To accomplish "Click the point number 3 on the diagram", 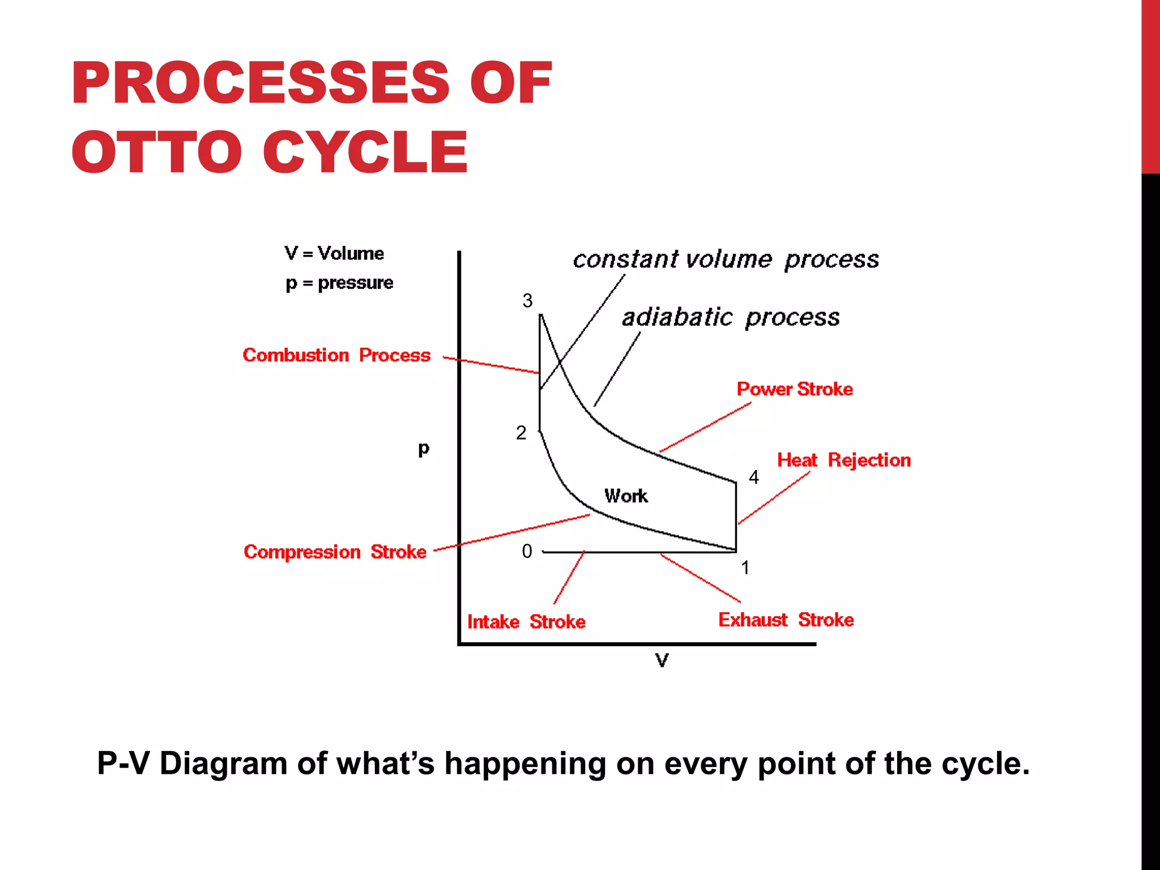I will click(x=527, y=301).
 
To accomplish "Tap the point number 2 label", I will click(x=521, y=433).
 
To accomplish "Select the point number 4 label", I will click(x=753, y=477).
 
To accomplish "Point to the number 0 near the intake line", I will click(x=527, y=551).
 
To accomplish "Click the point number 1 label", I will click(x=745, y=568).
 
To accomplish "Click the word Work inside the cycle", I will click(x=626, y=496).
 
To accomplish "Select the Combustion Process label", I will click(x=336, y=355).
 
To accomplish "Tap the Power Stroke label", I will click(x=795, y=389).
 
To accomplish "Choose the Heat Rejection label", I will click(x=844, y=460).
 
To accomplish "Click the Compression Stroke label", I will click(x=335, y=552).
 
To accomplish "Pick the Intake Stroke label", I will click(x=526, y=622).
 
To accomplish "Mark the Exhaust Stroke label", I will click(x=786, y=620).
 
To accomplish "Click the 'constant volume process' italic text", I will click(x=726, y=259).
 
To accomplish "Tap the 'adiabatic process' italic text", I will click(x=731, y=317).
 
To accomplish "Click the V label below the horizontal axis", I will click(x=662, y=660).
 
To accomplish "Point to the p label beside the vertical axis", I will click(x=424, y=449).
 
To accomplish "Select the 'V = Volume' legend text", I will click(x=334, y=253).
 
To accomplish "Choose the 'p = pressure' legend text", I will click(x=339, y=283).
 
